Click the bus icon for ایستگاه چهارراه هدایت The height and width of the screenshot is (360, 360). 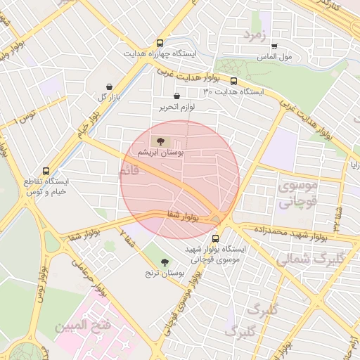160,43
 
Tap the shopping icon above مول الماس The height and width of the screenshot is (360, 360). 274,46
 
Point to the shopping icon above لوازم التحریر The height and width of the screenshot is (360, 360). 176,96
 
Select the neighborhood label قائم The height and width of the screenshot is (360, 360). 135,171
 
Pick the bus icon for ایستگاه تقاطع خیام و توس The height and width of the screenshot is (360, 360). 46,171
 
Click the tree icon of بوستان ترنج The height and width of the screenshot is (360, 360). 165,262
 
